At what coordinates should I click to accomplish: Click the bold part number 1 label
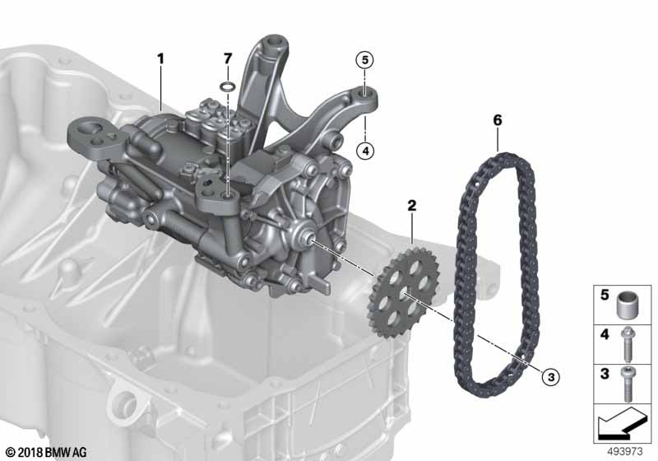click(161, 58)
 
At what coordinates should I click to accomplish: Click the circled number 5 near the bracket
click(364, 59)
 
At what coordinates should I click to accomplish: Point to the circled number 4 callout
click(364, 150)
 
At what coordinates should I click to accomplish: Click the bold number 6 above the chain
click(497, 120)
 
